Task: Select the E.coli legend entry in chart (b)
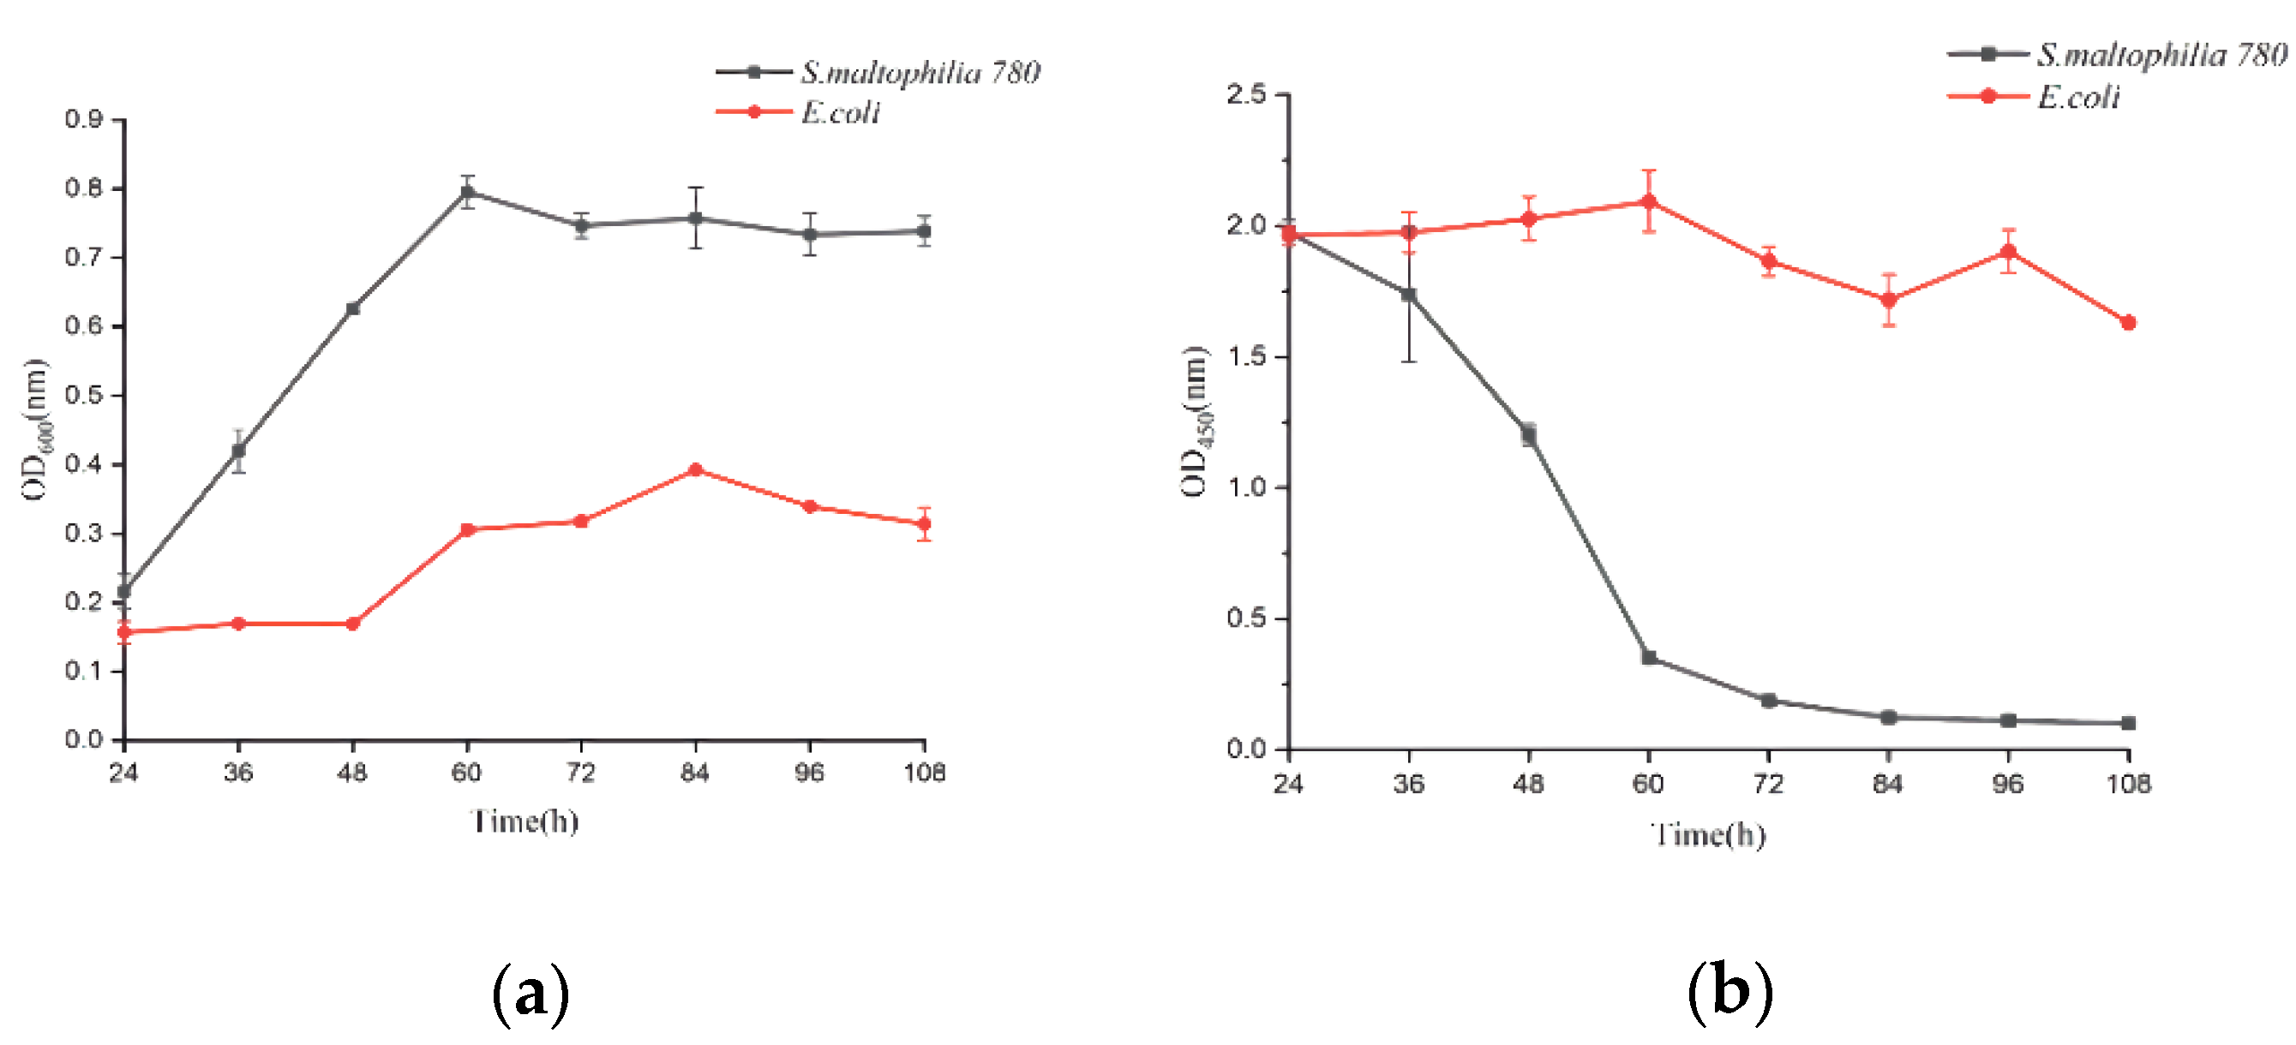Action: click(2077, 96)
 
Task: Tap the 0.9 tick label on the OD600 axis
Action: click(83, 118)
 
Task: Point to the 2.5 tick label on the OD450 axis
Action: click(1246, 93)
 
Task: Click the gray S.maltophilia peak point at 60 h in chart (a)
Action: click(467, 192)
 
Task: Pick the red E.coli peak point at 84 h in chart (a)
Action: click(696, 469)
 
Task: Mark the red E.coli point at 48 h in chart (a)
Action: click(353, 624)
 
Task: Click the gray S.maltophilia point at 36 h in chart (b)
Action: click(1408, 295)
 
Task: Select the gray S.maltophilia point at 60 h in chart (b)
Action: click(1649, 658)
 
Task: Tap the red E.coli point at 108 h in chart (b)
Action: click(2128, 323)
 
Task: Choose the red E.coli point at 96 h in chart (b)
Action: click(2009, 252)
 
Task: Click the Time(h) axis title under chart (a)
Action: click(525, 821)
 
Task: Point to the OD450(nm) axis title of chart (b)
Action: click(1195, 421)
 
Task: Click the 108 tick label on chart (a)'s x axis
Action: click(924, 773)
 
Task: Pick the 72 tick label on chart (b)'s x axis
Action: click(1768, 784)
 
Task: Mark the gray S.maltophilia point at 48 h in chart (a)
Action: click(353, 308)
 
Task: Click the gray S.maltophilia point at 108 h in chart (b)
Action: click(2128, 722)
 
